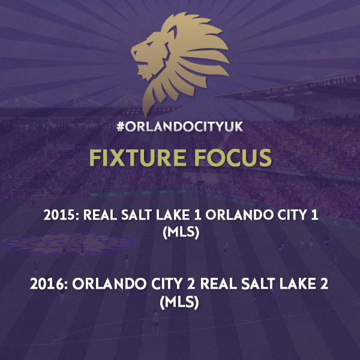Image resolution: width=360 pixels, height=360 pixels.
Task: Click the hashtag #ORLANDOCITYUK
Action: tap(180, 127)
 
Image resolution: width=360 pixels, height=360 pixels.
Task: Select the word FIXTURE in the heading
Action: tap(137, 157)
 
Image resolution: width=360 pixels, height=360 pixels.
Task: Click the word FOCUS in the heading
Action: tap(233, 157)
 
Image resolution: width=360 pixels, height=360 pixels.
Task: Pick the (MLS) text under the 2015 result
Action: tap(181, 232)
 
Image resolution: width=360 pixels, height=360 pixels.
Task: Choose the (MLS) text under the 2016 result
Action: tap(179, 301)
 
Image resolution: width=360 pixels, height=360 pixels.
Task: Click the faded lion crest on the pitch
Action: tap(70, 244)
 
